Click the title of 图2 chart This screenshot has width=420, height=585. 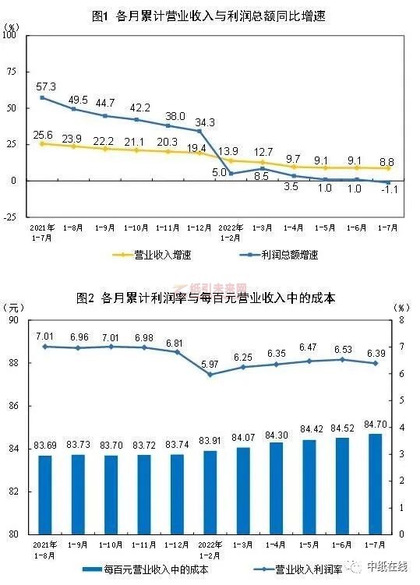coord(210,299)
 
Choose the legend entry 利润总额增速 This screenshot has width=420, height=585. coord(288,254)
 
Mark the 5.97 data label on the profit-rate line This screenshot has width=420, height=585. coord(210,364)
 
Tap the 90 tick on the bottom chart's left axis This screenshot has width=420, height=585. coord(12,319)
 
